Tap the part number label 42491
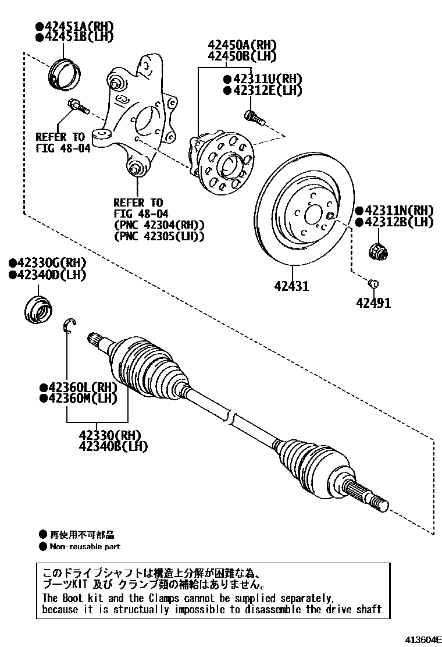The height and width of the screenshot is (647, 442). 373,303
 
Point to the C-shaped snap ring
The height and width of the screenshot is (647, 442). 69,326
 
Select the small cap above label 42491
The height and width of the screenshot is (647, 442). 373,283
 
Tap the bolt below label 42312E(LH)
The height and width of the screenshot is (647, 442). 254,117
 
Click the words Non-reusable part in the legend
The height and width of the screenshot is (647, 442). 85,546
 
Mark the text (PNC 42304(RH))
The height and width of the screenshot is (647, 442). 159,225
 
